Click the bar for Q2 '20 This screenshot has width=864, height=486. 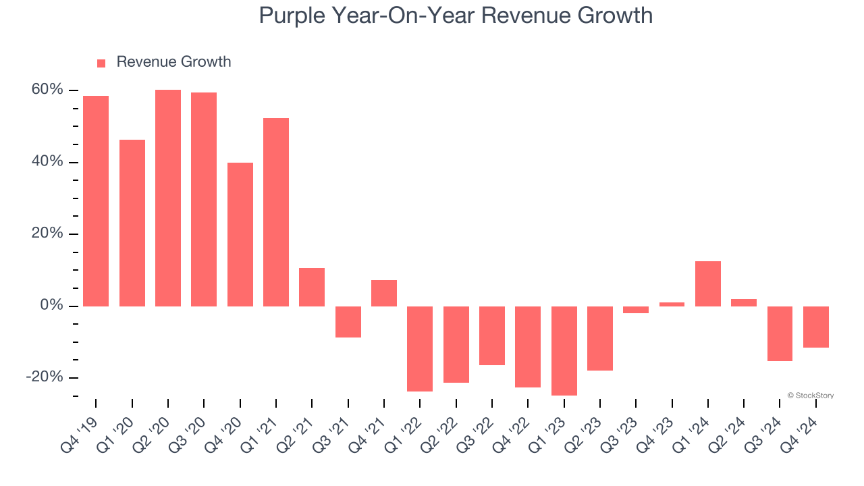tap(168, 198)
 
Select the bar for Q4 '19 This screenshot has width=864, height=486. tap(96, 200)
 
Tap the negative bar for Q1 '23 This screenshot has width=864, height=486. tap(564, 350)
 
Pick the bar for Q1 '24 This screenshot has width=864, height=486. tap(708, 283)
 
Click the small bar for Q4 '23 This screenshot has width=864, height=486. tap(672, 304)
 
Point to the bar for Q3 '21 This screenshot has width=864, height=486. tap(348, 321)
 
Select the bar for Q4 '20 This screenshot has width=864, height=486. tap(240, 234)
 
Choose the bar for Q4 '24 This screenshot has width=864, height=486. tap(815, 327)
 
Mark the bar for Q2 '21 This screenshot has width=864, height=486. tap(312, 287)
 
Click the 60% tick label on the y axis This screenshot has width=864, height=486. tap(46, 90)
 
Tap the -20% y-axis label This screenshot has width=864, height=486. tap(44, 377)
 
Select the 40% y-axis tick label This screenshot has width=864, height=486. tap(46, 162)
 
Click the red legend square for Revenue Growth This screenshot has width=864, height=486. tap(101, 63)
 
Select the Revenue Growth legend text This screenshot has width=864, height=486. tap(173, 62)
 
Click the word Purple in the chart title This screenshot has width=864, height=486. tap(291, 15)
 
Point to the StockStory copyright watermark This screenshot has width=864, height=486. tap(810, 396)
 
